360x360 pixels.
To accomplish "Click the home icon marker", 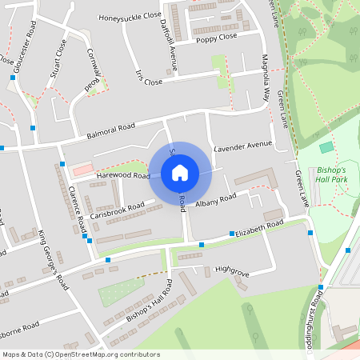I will [x=180, y=173].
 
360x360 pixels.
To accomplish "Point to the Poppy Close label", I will [x=216, y=38].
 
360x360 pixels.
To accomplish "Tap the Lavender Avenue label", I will [x=243, y=146].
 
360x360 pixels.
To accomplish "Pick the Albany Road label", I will [x=216, y=201].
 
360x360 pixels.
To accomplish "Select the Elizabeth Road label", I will [x=260, y=230].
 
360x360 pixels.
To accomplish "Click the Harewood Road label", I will [x=123, y=174].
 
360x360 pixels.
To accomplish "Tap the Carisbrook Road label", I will [x=117, y=211].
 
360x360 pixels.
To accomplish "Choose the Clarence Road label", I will [x=77, y=206].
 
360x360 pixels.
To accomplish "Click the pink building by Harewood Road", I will [x=83, y=170].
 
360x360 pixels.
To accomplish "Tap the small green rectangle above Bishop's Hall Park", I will [x=326, y=147].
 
